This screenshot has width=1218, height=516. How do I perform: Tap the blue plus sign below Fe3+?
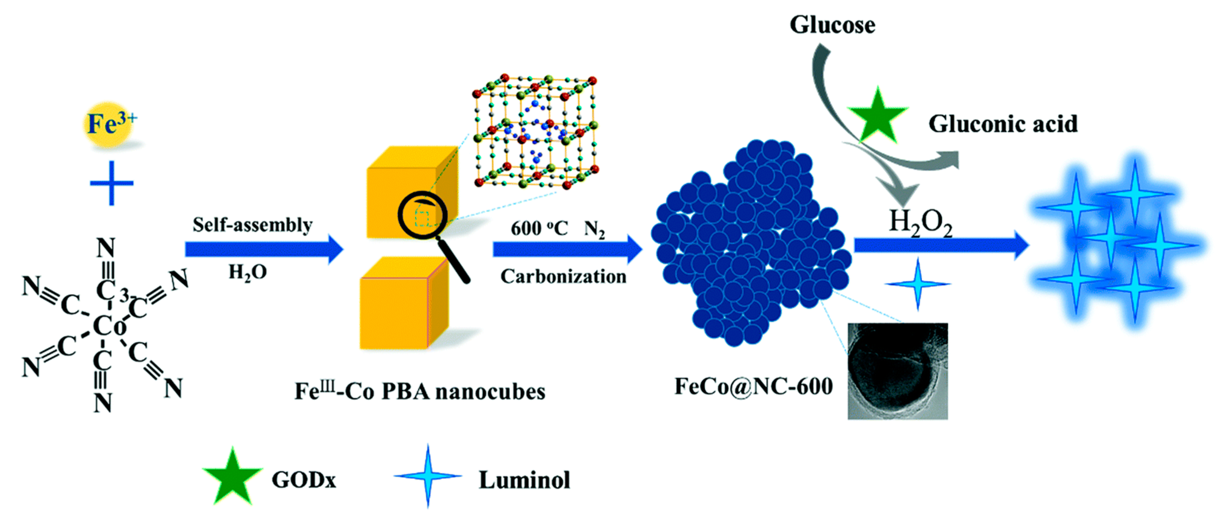point(111,183)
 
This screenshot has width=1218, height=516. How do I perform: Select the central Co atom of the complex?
point(109,326)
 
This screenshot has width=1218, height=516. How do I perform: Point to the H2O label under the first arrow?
point(248,273)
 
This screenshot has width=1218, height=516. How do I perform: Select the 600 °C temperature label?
point(539,229)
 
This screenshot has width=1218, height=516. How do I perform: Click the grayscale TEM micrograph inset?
point(898,371)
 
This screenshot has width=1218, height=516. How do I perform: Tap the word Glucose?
point(832,25)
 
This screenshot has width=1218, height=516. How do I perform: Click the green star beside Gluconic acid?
point(877,116)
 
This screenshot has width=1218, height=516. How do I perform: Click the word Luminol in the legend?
point(524,480)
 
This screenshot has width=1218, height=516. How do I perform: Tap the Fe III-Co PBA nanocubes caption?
point(420,391)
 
